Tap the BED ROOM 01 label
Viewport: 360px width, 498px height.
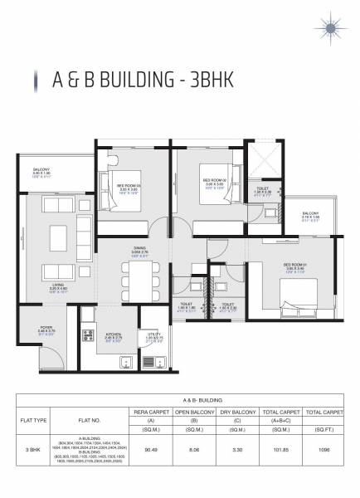(297, 266)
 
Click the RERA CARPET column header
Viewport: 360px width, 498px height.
(151, 411)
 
